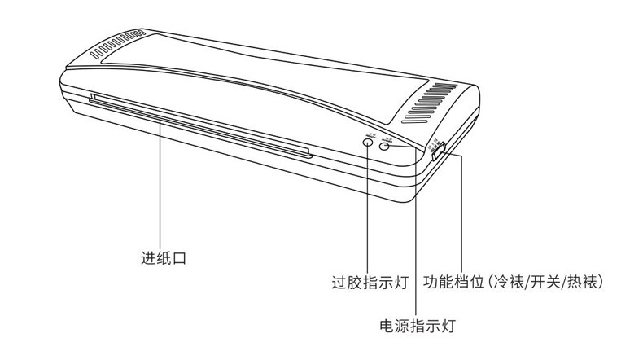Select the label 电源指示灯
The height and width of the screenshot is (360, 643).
(x=417, y=327)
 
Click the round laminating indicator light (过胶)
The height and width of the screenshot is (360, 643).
(x=368, y=143)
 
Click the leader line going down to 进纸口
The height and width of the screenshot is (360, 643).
(x=162, y=187)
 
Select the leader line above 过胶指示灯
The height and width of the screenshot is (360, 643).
(x=368, y=212)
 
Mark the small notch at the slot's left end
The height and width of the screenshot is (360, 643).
(x=92, y=99)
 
